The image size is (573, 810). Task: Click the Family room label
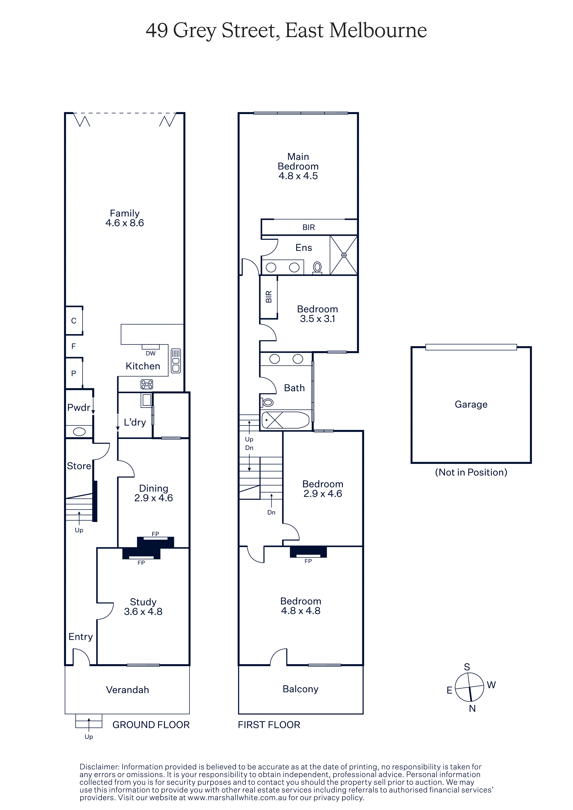coord(125,213)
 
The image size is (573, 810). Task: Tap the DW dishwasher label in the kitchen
coord(150,353)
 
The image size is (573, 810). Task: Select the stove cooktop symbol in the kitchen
coord(147,384)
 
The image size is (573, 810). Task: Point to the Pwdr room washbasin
coord(79,432)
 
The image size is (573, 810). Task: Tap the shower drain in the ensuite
coord(344,255)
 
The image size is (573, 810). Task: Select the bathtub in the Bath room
coord(285,420)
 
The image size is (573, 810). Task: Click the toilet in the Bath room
coord(267,402)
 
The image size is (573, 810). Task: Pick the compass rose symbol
coord(469,687)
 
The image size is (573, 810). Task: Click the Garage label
coord(471,404)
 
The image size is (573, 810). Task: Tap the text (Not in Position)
coord(471,472)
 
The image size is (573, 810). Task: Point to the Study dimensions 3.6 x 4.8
coord(143,611)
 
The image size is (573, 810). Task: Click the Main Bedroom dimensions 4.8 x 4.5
coord(298,176)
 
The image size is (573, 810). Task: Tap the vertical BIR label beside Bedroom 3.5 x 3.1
coord(269,297)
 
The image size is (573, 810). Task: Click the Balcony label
coord(300,689)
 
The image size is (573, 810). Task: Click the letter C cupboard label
coord(74,321)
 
